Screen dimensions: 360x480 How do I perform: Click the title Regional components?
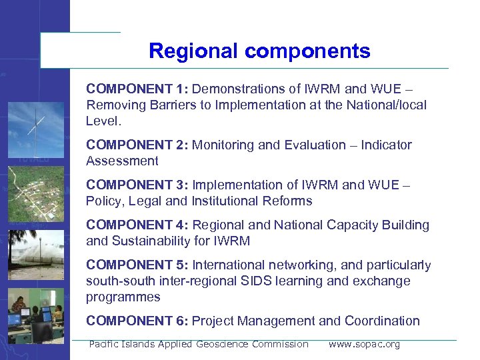click(x=259, y=51)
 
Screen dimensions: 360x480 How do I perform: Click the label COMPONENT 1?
click(x=137, y=89)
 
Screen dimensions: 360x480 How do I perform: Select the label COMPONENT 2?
click(x=137, y=145)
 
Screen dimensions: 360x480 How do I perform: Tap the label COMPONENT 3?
click(x=137, y=185)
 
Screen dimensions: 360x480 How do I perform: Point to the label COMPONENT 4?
click(x=137, y=225)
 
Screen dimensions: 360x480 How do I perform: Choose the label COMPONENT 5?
click(x=137, y=265)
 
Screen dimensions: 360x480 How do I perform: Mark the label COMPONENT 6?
click(x=137, y=321)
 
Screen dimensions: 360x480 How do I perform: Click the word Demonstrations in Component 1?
click(x=235, y=89)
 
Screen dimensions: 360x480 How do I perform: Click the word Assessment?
click(x=122, y=161)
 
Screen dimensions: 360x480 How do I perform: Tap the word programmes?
click(x=123, y=297)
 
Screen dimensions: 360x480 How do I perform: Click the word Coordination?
click(x=382, y=321)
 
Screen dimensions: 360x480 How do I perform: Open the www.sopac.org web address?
click(x=364, y=344)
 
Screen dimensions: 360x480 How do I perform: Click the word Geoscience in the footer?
click(x=222, y=344)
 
